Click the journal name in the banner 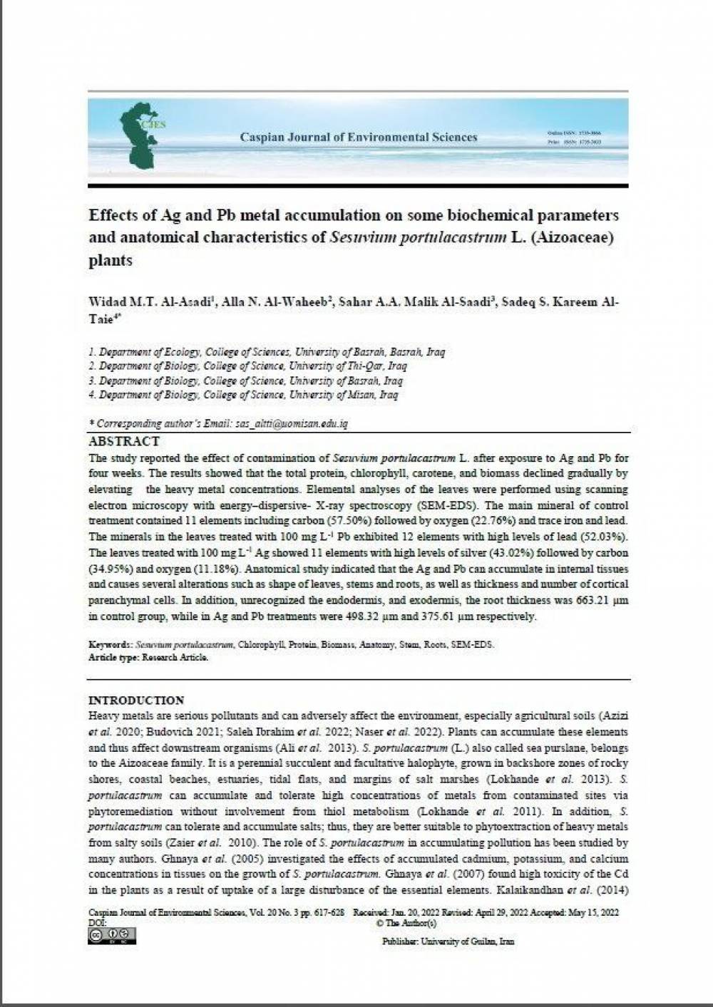pos(359,137)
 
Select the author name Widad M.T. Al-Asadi pos(152,301)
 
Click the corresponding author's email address pos(292,423)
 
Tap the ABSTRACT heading pos(124,442)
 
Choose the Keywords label pos(110,645)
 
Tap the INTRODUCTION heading pos(135,701)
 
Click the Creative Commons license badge pos(112,936)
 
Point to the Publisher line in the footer pos(447,941)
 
